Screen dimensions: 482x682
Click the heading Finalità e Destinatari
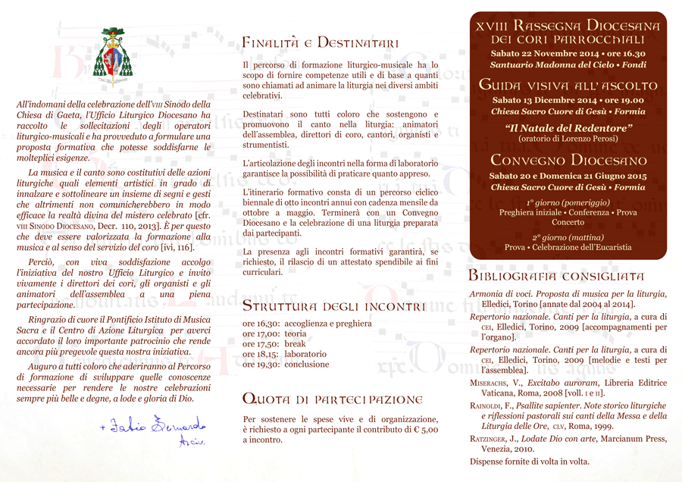pos(320,42)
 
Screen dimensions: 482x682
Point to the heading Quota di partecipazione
pos(332,399)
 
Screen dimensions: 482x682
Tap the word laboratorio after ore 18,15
pos(305,354)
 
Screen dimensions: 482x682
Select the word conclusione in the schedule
pos(307,365)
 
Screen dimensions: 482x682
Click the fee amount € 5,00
pos(424,429)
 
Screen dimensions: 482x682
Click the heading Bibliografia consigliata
pos(556,276)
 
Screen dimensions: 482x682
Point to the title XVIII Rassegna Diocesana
pos(568,26)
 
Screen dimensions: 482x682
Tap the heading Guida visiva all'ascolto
pos(568,85)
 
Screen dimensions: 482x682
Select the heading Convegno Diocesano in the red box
pos(568,161)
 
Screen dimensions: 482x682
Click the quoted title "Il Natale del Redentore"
pos(568,129)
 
